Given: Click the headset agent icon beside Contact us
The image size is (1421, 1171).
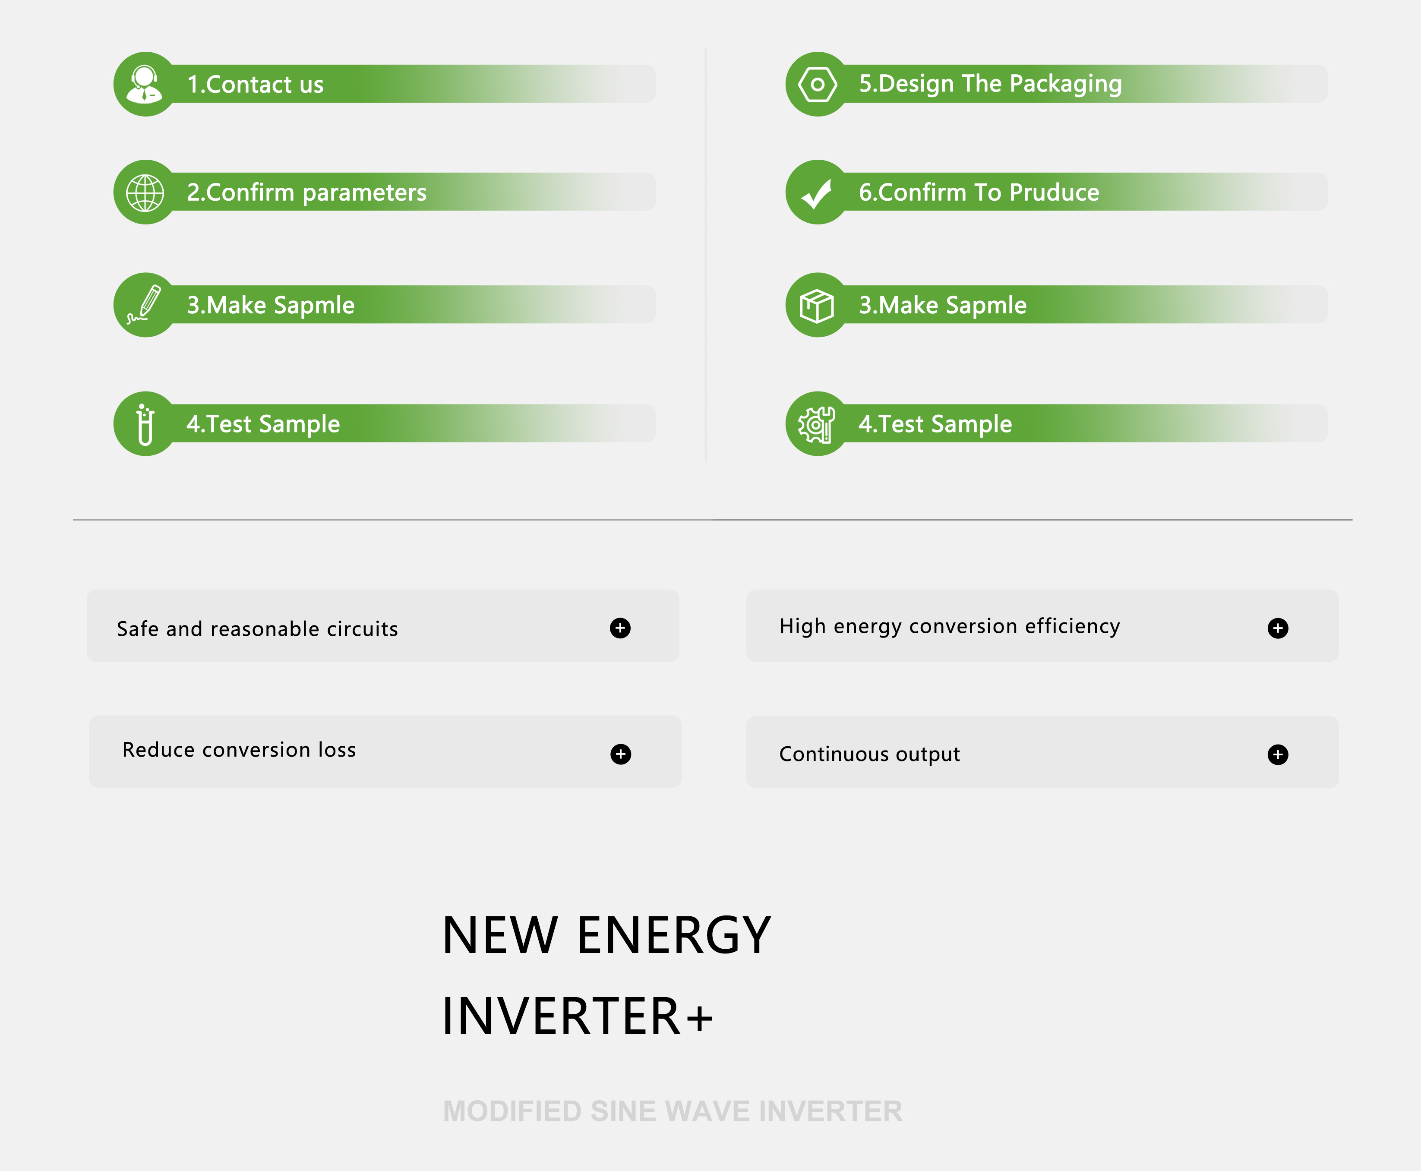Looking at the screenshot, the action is click(x=144, y=84).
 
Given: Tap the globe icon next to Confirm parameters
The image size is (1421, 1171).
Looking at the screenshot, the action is click(x=145, y=193).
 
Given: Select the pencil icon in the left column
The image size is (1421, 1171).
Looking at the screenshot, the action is click(x=144, y=304).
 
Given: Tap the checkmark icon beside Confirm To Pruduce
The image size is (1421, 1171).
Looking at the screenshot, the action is click(x=817, y=194).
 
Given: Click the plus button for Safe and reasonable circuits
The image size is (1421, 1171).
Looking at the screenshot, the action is click(x=620, y=628).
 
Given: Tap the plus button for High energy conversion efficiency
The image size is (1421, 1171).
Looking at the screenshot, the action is click(x=1278, y=628).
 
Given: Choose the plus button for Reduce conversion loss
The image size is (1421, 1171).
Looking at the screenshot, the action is click(x=621, y=754).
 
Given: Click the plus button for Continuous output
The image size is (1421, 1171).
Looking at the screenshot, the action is click(x=1278, y=754).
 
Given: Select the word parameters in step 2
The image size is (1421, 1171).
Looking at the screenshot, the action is click(x=364, y=194).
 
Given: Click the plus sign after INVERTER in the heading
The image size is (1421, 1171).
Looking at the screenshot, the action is click(x=699, y=1018).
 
